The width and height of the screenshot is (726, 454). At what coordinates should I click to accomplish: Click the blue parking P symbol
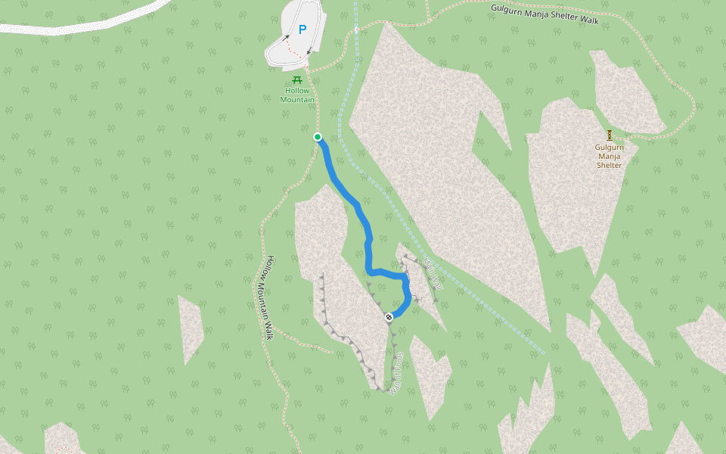point(302,30)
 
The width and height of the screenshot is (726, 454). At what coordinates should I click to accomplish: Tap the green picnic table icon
point(297,80)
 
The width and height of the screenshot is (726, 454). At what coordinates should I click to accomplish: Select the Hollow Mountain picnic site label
point(297,95)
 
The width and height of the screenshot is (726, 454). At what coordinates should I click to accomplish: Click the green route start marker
point(318,137)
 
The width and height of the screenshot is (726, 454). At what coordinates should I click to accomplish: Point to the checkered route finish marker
point(389,317)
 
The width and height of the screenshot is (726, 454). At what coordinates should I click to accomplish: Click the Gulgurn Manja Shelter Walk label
point(544,14)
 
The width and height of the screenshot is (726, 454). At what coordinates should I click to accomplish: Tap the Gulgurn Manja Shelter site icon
point(610,135)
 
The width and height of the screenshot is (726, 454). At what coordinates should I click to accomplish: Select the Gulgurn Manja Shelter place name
point(609,155)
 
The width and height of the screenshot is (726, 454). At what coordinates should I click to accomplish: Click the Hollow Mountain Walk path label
point(268,297)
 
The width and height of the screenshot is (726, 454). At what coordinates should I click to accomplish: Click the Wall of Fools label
point(396,373)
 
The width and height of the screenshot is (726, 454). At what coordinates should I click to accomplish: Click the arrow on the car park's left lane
point(286,36)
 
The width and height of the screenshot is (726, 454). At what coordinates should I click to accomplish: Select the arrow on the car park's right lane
point(309,51)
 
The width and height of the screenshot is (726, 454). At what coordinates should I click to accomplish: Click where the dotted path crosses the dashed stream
point(355,30)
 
